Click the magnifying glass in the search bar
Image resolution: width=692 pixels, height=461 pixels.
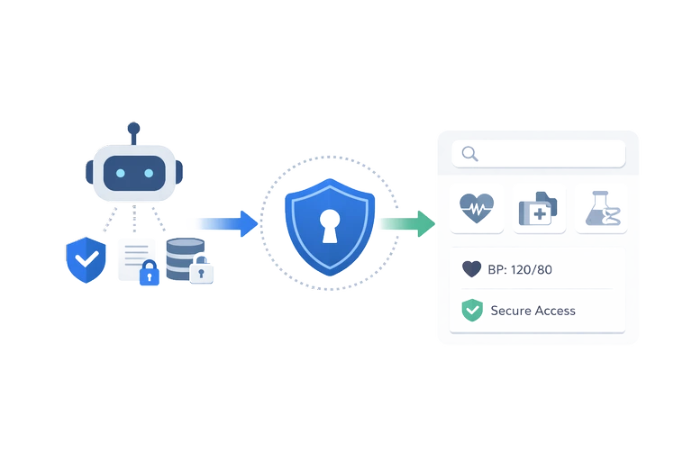click(469, 153)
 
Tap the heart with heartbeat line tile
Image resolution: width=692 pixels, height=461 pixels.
click(476, 210)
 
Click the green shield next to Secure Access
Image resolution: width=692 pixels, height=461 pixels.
click(472, 311)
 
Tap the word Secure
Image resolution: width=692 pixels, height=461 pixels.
click(510, 311)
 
